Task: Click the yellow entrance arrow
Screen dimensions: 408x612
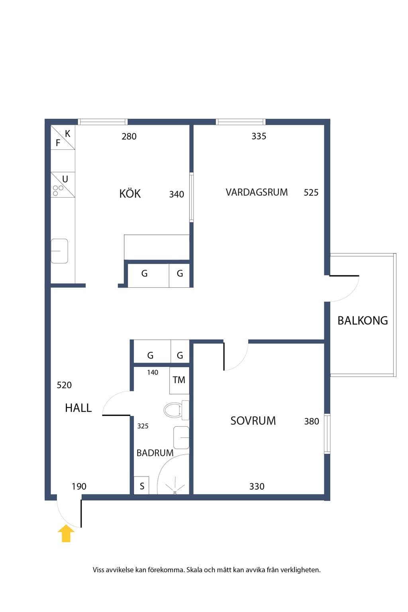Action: coord(66,533)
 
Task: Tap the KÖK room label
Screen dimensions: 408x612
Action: coord(130,193)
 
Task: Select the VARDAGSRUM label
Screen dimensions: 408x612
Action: coord(257,192)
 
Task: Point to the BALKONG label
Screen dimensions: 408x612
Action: coord(363,320)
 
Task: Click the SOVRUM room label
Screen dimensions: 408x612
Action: coord(253,421)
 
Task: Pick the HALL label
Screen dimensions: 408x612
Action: coord(78,408)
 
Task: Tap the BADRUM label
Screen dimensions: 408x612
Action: coord(155,453)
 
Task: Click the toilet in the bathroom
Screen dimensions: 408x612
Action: coord(176,410)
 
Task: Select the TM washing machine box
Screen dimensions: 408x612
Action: coord(179,381)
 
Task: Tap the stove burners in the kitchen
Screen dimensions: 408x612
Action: coord(58,190)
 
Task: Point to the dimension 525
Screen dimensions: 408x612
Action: coord(311,192)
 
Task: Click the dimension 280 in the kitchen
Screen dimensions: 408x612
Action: coord(129,136)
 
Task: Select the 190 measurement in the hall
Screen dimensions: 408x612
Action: coord(79,486)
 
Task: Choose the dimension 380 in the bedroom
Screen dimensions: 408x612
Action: coord(312,421)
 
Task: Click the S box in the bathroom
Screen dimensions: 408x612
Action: coord(141,485)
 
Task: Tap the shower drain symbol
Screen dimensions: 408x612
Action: coord(175,492)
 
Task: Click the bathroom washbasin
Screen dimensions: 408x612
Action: coord(181,437)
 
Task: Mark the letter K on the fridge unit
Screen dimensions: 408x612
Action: coord(67,133)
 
